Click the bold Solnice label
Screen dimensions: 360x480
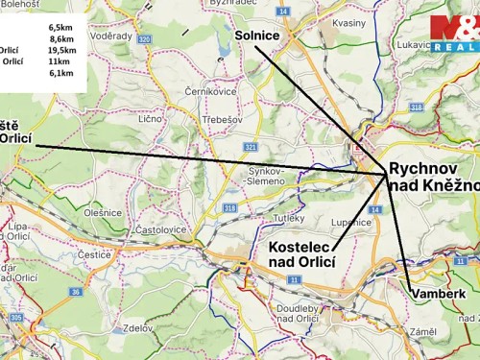256,36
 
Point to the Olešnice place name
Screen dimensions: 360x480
102,212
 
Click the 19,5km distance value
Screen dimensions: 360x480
61,50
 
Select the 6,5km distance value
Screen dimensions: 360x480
61,28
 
